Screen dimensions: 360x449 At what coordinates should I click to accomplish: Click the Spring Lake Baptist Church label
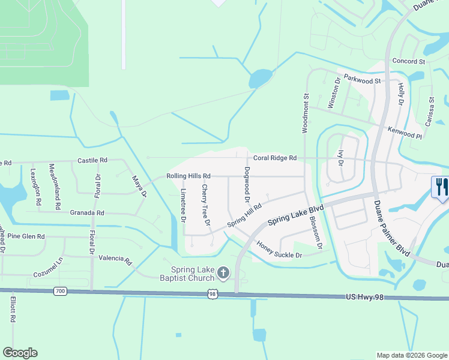(x=192, y=274)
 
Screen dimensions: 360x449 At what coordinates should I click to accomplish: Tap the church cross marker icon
(x=223, y=274)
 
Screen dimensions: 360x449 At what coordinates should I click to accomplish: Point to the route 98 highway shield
(x=212, y=293)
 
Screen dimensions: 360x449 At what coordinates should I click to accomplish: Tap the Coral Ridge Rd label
(x=275, y=158)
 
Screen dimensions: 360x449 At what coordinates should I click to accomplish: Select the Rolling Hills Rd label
(x=188, y=176)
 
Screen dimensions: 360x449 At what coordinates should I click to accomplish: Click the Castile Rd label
(x=92, y=161)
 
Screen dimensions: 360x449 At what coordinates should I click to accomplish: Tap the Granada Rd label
(x=87, y=213)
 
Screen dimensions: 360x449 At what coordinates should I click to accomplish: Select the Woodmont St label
(x=306, y=112)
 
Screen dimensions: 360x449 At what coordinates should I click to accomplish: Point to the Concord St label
(x=408, y=61)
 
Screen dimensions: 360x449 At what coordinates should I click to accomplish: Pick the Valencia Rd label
(x=115, y=259)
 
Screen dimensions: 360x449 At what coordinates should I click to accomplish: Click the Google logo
(x=20, y=353)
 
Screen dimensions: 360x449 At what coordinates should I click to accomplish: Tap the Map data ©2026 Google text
(x=411, y=355)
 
